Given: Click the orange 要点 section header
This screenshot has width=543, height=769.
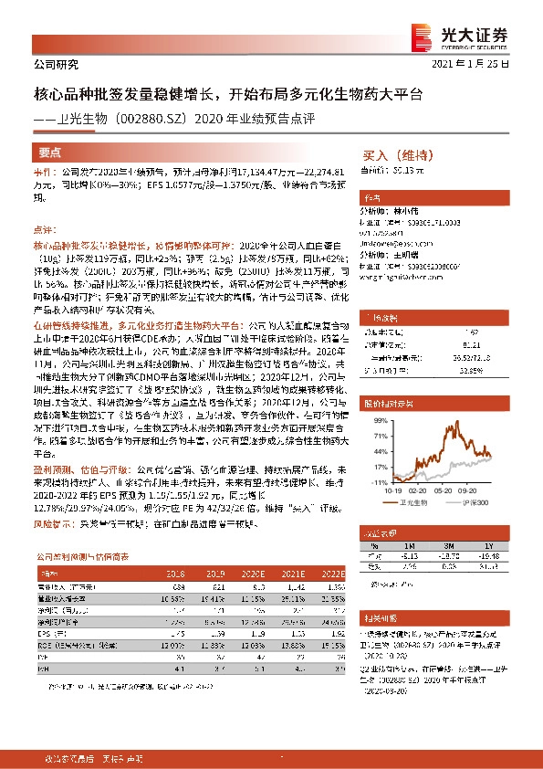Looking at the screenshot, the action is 49,153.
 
